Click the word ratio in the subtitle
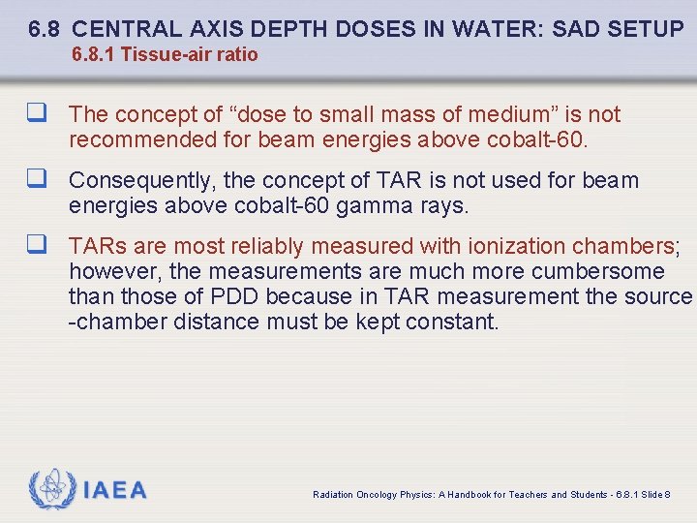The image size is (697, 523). [237, 55]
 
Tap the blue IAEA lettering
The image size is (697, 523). [115, 491]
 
